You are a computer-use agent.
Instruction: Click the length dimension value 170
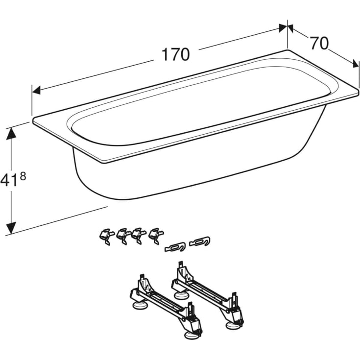pyautogui.click(x=176, y=55)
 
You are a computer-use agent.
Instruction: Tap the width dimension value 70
pyautogui.click(x=319, y=44)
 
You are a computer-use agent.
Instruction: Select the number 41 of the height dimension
pyautogui.click(x=9, y=180)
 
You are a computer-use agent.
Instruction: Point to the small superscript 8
pyautogui.click(x=23, y=177)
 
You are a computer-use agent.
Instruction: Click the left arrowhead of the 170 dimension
pyautogui.click(x=37, y=90)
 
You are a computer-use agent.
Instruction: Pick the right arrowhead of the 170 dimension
pyautogui.click(x=283, y=28)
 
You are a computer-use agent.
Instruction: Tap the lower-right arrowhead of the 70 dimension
pyautogui.click(x=355, y=63)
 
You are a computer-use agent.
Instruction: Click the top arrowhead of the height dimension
pyautogui.click(x=11, y=134)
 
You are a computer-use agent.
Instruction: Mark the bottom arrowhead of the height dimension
pyautogui.click(x=11, y=228)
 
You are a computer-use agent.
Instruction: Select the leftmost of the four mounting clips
pyautogui.click(x=106, y=236)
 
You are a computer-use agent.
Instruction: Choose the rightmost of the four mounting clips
pyautogui.click(x=156, y=236)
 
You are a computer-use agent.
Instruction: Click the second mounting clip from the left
pyautogui.click(x=123, y=236)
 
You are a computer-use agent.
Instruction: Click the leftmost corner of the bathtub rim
pyautogui.click(x=33, y=120)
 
